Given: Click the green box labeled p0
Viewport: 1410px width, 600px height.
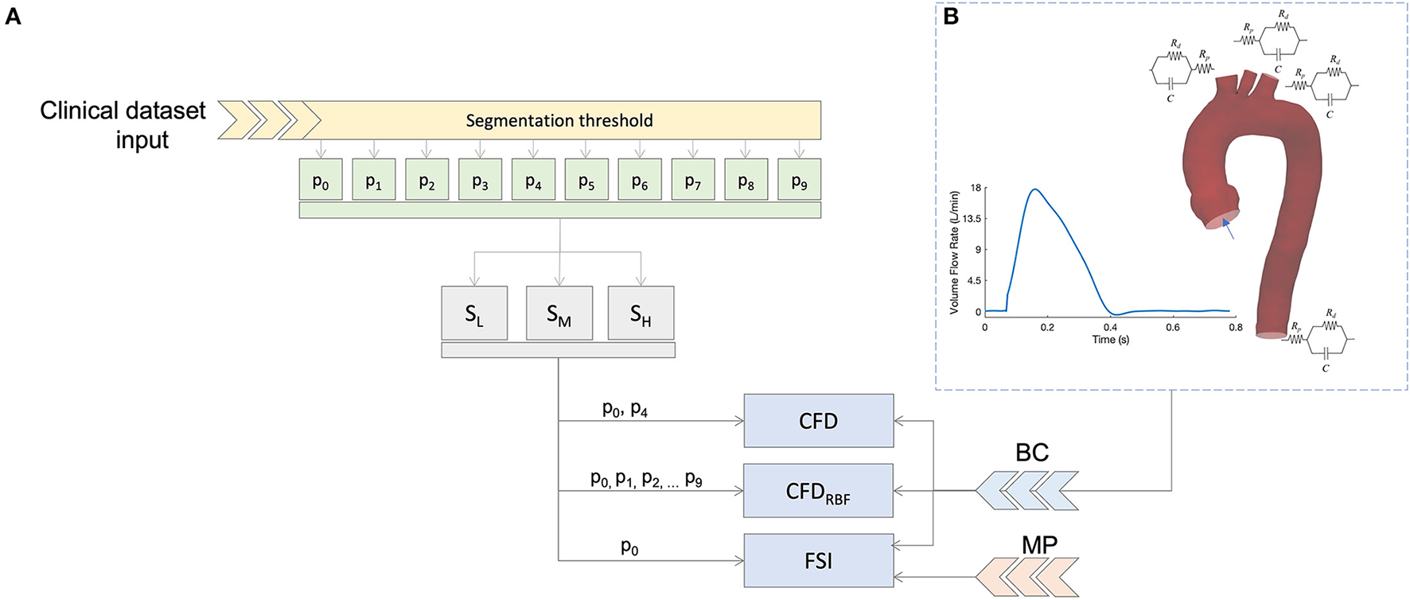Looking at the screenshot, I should (x=321, y=180).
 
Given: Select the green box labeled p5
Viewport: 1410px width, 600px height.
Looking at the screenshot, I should (x=586, y=180).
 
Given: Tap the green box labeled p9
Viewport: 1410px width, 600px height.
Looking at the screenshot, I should (x=799, y=180).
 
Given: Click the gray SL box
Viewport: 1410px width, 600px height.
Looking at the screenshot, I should (x=474, y=314).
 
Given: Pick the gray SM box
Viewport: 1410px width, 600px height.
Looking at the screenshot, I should (x=559, y=314).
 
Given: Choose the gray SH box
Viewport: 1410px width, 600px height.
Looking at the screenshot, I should (x=641, y=314).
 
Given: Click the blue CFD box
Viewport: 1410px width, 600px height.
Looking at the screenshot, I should (x=818, y=421).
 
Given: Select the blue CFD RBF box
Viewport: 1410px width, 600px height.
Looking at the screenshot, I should (x=818, y=491).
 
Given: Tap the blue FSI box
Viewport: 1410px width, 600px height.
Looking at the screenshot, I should (x=818, y=561).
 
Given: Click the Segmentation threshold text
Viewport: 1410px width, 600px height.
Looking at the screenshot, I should (x=559, y=121).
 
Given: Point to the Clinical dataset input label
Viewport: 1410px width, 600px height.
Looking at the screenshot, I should (x=123, y=124).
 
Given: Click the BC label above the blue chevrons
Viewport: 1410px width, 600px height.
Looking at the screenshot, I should (x=1032, y=453).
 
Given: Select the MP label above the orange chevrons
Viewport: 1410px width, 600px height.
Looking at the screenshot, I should (x=1039, y=545).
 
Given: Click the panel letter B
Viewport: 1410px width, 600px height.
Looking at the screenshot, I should (x=951, y=16).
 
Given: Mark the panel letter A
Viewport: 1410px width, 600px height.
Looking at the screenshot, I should (x=14, y=16).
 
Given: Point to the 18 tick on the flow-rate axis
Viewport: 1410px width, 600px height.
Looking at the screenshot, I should (x=976, y=189).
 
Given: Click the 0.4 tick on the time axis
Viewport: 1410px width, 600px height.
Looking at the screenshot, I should (x=1110, y=327).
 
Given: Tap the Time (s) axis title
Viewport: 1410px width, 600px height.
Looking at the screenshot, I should (x=1110, y=340).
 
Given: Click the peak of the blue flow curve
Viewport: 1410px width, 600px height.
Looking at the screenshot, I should (x=1034, y=189).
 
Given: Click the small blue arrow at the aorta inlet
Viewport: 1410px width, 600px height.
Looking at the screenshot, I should (x=1229, y=230).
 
